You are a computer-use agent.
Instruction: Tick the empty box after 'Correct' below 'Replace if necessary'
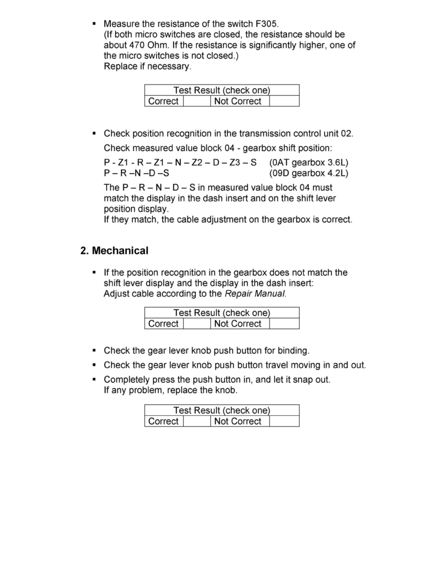point(197,102)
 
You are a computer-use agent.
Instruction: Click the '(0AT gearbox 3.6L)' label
point(309,162)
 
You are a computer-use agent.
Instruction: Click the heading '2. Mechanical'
point(114,251)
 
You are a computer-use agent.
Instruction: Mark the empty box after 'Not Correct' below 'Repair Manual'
point(284,324)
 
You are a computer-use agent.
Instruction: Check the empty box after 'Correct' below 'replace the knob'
point(197,422)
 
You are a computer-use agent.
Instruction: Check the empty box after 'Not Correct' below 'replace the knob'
point(284,422)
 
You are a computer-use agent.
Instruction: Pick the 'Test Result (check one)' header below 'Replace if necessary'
point(222,90)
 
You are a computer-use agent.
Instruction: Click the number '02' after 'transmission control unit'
point(346,134)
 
